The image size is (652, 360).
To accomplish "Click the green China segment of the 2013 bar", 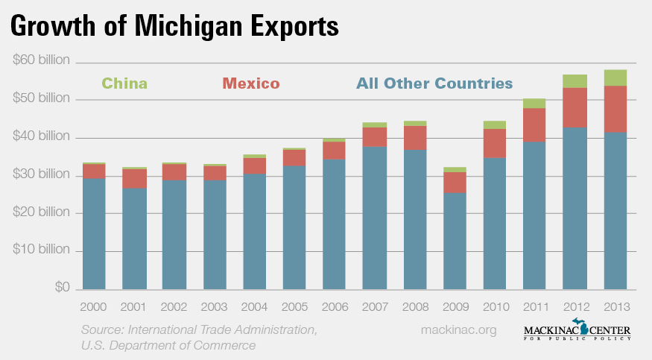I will coord(615,78).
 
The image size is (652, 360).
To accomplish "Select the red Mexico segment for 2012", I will coord(575,107).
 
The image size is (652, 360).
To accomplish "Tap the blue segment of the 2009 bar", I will coord(455,241).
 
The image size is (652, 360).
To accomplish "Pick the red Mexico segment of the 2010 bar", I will coord(495,143).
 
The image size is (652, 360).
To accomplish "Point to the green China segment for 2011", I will coord(534,103).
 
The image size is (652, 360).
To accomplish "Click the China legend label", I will coord(124,83).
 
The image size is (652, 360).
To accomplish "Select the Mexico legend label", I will coord(250,83).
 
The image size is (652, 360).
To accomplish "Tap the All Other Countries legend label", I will coord(434,83).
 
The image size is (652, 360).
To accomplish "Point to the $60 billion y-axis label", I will coord(41,60).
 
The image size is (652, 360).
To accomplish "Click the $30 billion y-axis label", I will coord(41,175).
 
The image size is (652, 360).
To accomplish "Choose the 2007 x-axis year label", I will coord(374,306).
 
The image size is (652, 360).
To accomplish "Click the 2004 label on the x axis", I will coord(254,306).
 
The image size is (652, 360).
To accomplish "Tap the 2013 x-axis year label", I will coord(615,306).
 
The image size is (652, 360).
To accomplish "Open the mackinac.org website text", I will coord(458,329).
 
